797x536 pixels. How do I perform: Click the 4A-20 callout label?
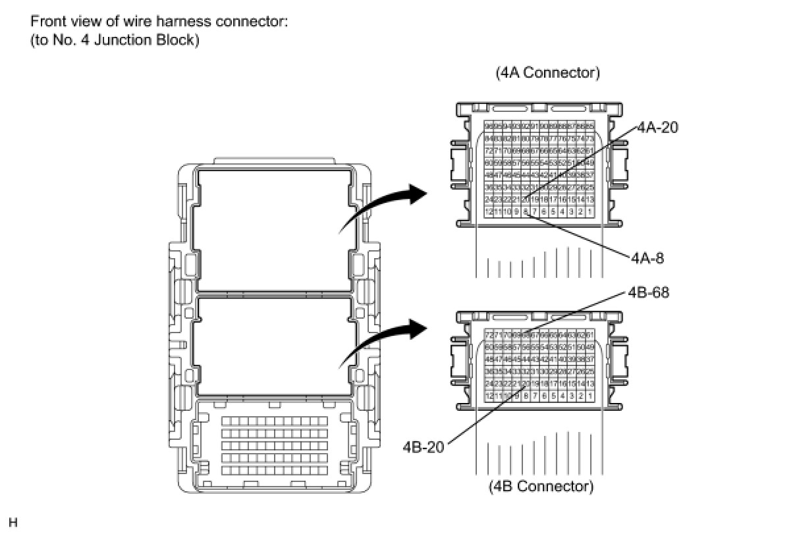(657, 128)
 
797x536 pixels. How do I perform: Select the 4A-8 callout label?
(647, 258)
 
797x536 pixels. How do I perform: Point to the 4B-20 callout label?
(423, 448)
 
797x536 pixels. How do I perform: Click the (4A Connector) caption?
(547, 73)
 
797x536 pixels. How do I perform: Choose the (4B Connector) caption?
(540, 487)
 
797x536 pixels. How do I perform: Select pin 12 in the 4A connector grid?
(489, 211)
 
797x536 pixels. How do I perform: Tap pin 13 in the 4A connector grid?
(590, 200)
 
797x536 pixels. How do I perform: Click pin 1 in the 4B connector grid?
(590, 396)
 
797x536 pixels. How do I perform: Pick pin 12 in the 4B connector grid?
(489, 396)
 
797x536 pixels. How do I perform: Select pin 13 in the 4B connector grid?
(590, 384)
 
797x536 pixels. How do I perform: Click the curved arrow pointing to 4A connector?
(382, 204)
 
